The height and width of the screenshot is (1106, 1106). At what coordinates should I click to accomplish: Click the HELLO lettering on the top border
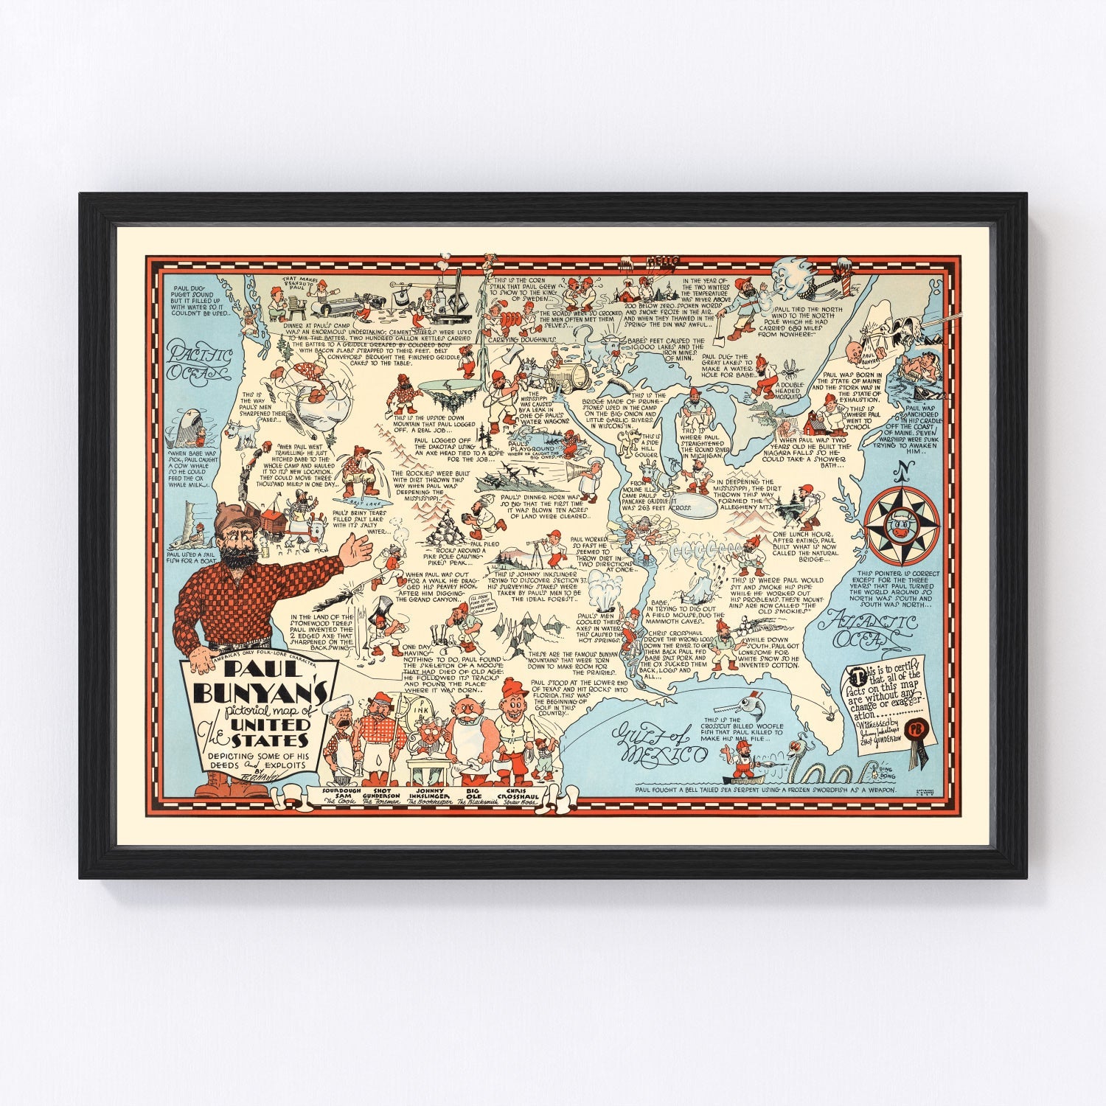click(x=661, y=259)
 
